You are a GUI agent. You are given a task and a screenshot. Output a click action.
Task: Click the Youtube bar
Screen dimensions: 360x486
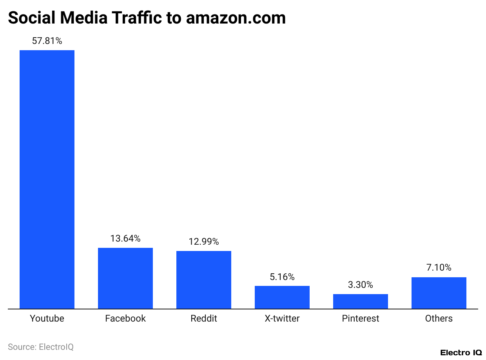click(47, 179)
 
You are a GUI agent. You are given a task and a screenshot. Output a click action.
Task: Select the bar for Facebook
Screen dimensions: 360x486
click(125, 278)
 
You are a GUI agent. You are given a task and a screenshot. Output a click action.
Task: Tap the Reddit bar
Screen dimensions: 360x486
click(204, 280)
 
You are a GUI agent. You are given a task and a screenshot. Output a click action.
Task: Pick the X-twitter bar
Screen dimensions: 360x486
click(282, 297)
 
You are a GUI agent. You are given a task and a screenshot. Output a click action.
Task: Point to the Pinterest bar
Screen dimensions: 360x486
click(361, 301)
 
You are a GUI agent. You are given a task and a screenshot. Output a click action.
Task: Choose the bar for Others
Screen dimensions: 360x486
click(439, 293)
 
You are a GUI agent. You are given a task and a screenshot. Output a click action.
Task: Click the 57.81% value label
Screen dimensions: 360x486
click(47, 41)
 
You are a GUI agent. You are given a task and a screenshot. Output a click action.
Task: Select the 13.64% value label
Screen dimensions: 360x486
click(125, 238)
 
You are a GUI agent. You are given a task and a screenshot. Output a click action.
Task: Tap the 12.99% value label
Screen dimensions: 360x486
click(204, 242)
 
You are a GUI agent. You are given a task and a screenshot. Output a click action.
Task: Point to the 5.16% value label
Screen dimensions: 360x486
click(282, 277)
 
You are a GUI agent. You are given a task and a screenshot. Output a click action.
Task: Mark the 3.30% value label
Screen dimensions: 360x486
click(361, 285)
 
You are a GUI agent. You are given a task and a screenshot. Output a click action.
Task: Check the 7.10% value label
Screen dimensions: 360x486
click(439, 268)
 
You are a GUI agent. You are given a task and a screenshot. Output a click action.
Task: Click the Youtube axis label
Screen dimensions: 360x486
click(47, 318)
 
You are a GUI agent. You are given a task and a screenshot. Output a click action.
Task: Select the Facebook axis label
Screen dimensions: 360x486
click(125, 318)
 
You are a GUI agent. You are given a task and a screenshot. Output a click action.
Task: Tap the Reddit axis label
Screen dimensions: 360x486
click(204, 318)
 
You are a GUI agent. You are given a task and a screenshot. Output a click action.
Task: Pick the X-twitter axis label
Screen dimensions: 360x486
click(282, 318)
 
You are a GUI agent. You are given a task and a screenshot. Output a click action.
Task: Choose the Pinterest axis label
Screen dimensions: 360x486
click(361, 318)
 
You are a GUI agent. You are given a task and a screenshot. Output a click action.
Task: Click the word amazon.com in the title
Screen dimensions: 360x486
click(236, 18)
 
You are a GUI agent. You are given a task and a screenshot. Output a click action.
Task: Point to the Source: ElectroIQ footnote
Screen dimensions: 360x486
click(41, 347)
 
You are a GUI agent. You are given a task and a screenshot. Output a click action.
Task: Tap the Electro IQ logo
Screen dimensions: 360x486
click(461, 353)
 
